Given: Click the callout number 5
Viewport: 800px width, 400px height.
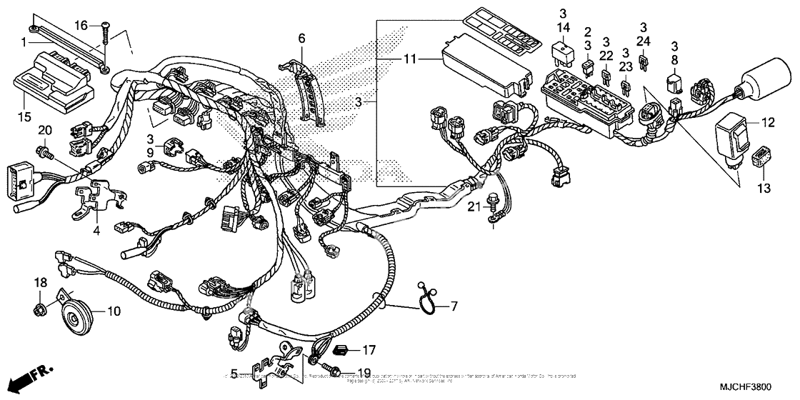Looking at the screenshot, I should [233, 374].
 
